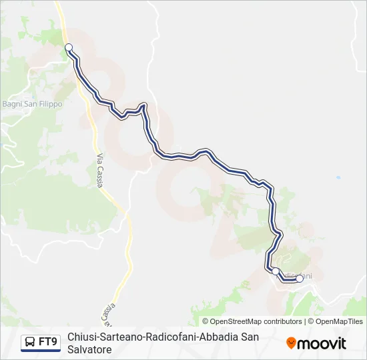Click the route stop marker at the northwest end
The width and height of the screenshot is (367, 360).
[69, 47]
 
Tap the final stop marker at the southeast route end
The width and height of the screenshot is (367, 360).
[300, 279]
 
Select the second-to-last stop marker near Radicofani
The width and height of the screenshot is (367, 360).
[276, 271]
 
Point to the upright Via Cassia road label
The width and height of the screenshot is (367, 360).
[100, 170]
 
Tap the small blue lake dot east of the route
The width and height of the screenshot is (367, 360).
[338, 179]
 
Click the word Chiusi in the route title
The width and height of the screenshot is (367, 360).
[81, 337]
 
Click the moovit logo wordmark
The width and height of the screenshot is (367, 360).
[322, 343]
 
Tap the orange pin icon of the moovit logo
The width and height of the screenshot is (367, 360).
[291, 343]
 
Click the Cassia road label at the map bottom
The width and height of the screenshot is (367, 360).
[111, 309]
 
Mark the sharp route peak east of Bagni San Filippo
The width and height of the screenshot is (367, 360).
[143, 105]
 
